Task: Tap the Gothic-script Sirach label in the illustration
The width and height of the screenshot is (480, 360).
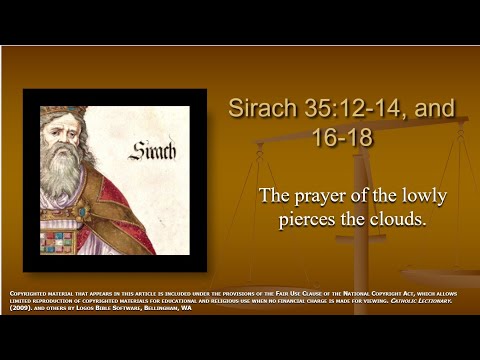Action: tap(152, 152)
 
